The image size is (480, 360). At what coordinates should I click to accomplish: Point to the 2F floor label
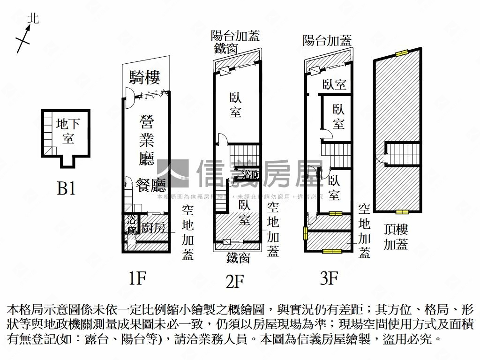(235, 281)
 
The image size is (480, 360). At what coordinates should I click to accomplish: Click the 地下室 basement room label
(67, 131)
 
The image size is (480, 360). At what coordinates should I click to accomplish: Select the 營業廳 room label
(147, 141)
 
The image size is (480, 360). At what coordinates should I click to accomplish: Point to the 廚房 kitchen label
(153, 228)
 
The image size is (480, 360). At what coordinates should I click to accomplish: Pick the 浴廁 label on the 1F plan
(132, 225)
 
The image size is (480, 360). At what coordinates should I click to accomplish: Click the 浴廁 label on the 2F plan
(250, 175)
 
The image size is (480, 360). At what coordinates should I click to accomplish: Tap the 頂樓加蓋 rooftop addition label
(396, 237)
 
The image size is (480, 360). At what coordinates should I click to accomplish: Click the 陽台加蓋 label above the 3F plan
(327, 41)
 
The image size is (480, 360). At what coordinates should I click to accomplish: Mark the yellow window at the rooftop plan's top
(402, 53)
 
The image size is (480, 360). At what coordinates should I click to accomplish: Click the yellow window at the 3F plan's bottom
(330, 251)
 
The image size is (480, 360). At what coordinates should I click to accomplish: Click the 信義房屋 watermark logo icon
(173, 174)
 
